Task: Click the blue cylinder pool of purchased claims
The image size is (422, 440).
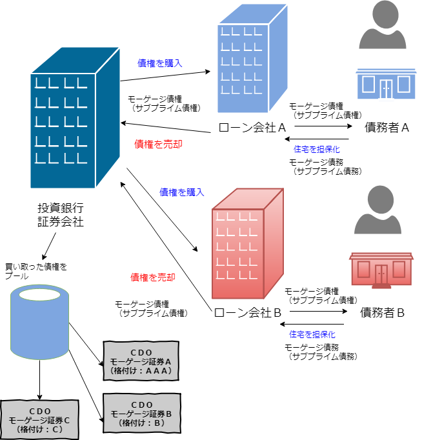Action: coord(40,322)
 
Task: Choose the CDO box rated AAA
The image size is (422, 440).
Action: coord(141,362)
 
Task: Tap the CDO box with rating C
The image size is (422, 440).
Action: coord(39,420)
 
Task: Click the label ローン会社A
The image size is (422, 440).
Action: coord(252,128)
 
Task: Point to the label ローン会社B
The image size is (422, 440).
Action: coord(248,313)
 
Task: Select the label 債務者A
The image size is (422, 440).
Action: coord(387,128)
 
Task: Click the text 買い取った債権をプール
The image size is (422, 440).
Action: coord(35,270)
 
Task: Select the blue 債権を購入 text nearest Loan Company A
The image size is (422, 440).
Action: coord(160,63)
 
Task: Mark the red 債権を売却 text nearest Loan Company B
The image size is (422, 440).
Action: coord(153,277)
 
